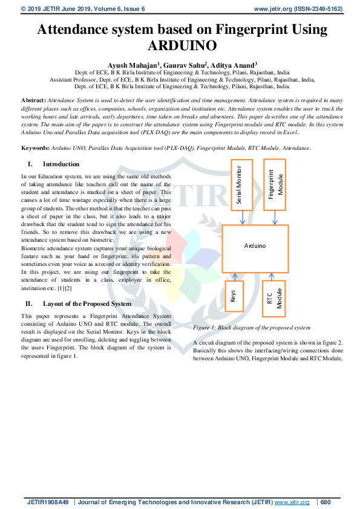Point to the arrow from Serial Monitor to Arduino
243,218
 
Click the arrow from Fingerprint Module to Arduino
275,218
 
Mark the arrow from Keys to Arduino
235,277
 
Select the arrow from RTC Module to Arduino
272,277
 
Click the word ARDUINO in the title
182,45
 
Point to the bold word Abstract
33,100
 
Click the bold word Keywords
36,148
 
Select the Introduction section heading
61,164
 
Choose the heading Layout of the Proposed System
87,304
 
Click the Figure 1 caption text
252,328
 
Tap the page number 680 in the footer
326,502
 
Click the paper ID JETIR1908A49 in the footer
48,502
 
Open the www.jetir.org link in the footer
292,502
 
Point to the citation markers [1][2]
64,288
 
